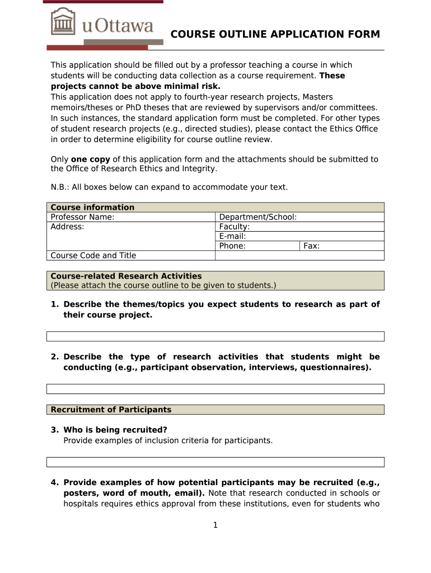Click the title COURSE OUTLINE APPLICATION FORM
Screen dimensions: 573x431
click(x=275, y=35)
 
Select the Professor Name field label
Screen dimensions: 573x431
click(x=82, y=217)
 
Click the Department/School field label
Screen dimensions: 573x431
click(x=257, y=217)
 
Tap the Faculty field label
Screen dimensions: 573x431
click(x=235, y=227)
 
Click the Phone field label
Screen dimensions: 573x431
click(x=232, y=246)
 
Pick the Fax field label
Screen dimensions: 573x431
click(x=311, y=246)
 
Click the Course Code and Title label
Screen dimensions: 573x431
click(x=93, y=255)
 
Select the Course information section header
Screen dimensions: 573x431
click(x=92, y=207)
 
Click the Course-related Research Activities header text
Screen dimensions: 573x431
click(x=126, y=276)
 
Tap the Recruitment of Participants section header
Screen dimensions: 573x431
click(x=111, y=410)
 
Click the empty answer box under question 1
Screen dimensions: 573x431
click(x=215, y=336)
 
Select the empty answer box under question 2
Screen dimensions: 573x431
click(x=215, y=389)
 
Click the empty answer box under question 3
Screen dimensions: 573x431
click(x=215, y=462)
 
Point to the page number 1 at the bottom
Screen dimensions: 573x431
click(x=215, y=525)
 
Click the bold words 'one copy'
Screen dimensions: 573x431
click(x=91, y=159)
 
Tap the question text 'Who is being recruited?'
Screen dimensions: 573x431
click(x=115, y=430)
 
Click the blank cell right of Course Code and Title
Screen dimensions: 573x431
click(x=299, y=255)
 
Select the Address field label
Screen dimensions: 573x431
click(x=67, y=227)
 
